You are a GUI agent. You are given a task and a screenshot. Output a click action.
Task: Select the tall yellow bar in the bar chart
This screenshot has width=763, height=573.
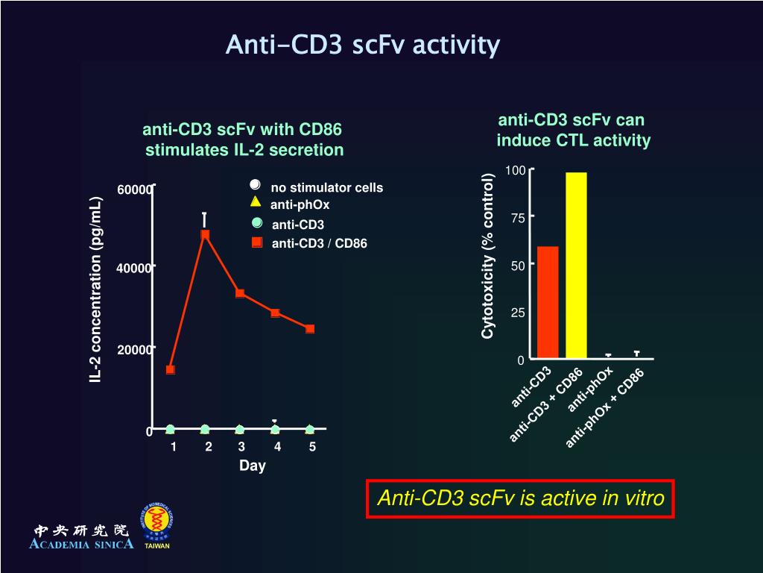(x=576, y=265)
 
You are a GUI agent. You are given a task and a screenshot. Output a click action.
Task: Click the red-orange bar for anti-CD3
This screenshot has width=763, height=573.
(x=548, y=301)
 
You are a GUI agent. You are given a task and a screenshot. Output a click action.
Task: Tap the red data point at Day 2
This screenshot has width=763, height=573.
(x=205, y=234)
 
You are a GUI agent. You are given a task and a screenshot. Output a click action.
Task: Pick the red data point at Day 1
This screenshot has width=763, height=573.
(x=171, y=369)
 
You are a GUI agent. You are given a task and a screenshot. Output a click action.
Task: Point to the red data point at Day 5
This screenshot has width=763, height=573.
(x=310, y=329)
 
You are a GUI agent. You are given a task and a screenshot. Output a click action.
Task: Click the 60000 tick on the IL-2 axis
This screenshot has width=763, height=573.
(x=134, y=190)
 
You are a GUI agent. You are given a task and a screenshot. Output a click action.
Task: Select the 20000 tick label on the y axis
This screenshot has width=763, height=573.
(x=134, y=349)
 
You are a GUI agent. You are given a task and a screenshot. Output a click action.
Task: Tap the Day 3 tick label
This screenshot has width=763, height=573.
(x=241, y=447)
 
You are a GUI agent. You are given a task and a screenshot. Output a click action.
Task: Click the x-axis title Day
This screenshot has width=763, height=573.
(x=252, y=466)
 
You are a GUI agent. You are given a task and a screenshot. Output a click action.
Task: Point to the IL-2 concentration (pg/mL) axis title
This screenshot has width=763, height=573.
(x=95, y=290)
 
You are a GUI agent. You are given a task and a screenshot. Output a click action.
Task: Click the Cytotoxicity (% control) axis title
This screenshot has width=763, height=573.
(x=488, y=256)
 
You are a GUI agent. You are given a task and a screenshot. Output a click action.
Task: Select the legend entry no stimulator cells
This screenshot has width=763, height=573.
(x=326, y=187)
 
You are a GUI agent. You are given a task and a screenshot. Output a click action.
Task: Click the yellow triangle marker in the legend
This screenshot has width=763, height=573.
(x=256, y=201)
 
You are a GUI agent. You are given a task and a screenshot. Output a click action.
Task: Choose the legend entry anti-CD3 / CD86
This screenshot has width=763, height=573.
(x=319, y=243)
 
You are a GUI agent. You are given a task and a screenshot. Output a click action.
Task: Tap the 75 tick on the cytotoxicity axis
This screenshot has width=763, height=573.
(x=518, y=218)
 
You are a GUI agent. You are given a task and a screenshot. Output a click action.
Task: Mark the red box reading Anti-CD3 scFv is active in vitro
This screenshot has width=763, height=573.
(x=520, y=498)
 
